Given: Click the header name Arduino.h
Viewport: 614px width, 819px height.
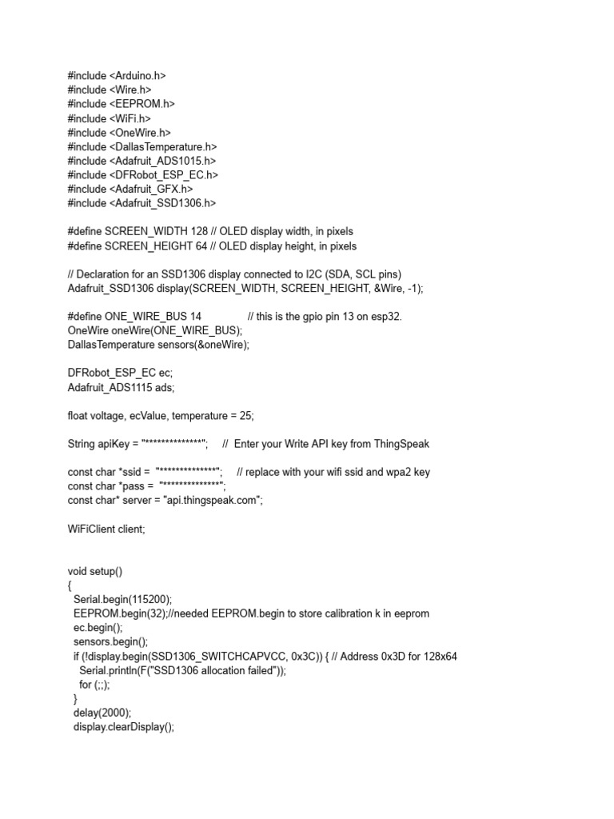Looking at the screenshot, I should click(x=138, y=76).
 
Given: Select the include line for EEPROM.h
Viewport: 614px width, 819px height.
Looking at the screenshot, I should click(x=122, y=104).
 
